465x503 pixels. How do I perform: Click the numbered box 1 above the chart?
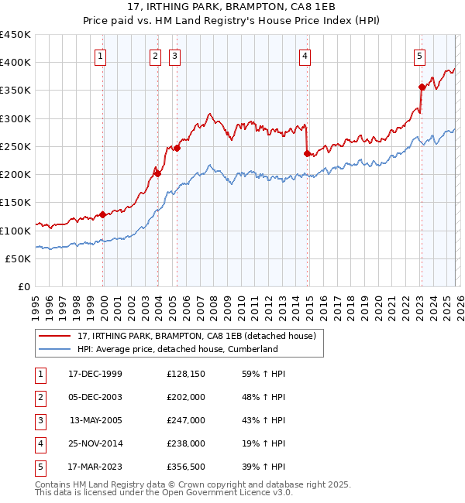pyautogui.click(x=102, y=56)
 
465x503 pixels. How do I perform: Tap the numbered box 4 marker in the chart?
pyautogui.click(x=305, y=56)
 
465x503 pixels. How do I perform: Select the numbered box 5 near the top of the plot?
pyautogui.click(x=419, y=56)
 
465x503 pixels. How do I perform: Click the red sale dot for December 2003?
pyautogui.click(x=157, y=173)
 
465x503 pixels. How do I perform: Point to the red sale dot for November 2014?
pyautogui.click(x=308, y=153)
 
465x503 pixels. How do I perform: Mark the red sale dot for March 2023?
pyautogui.click(x=422, y=87)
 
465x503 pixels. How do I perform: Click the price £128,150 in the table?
pyautogui.click(x=185, y=374)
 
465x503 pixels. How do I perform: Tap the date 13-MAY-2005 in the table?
pyautogui.click(x=96, y=420)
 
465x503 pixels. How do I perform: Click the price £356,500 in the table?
pyautogui.click(x=185, y=467)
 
